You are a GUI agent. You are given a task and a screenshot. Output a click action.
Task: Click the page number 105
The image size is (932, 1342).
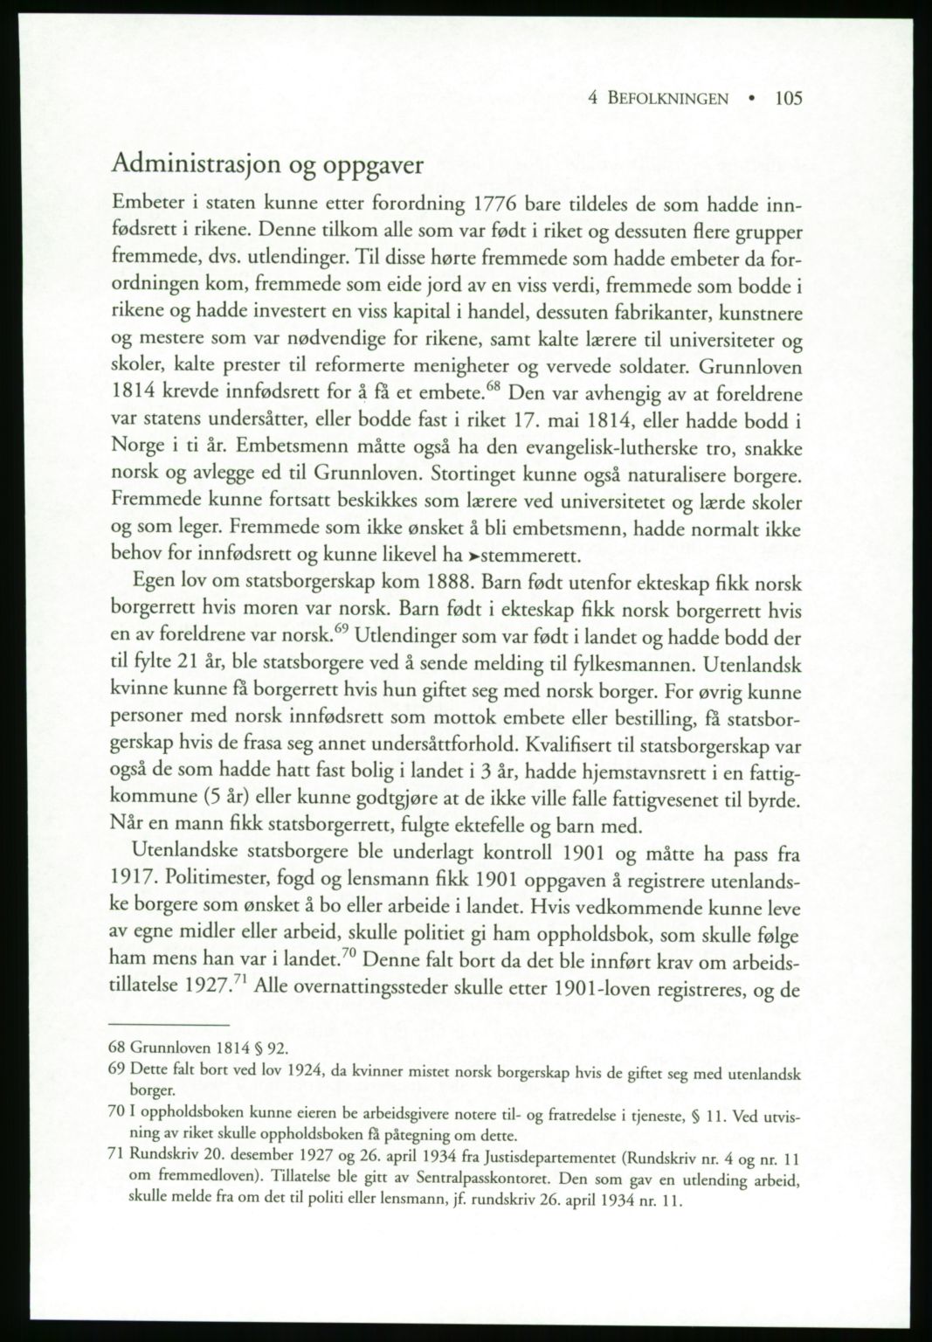pos(787,99)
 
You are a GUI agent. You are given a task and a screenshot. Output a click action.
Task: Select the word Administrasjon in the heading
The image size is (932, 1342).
pos(195,164)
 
